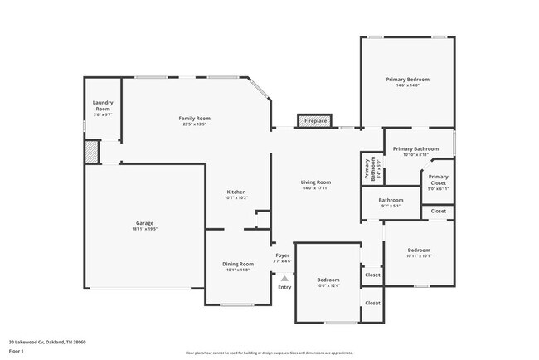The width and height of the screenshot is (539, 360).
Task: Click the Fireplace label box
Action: coord(315,121)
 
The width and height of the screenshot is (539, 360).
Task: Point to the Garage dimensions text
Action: coord(144,229)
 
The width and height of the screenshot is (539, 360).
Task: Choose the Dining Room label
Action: coord(237,264)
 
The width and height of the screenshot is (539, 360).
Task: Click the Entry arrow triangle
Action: coord(284,279)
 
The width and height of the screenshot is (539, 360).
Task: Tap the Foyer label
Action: coord(283,255)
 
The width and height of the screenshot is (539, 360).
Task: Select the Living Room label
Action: coord(316,182)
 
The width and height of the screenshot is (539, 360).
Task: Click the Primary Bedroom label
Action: coord(407,79)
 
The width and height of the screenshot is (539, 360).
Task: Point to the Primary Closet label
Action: coord(438,179)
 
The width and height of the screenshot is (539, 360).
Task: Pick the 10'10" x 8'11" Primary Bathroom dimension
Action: coord(415,155)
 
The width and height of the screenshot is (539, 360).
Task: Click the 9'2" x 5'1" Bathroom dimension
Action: coord(391,207)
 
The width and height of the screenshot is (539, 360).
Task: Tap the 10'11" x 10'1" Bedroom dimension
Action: coord(418,255)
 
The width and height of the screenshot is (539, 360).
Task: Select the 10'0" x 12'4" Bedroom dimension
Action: coord(328,286)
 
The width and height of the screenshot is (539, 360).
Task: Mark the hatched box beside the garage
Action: coord(91,153)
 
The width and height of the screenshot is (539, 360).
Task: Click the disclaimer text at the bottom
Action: coord(268,353)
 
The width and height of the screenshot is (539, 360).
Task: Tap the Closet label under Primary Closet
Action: coord(438,212)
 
